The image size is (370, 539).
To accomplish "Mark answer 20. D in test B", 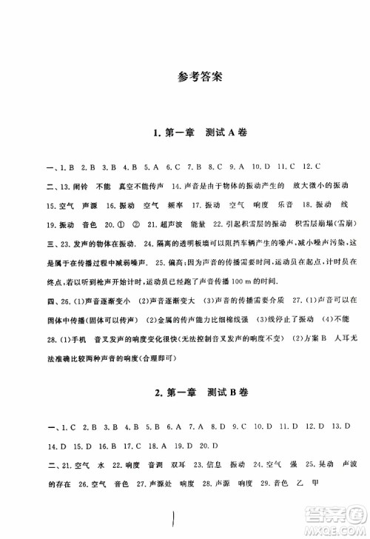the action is pos(209,444).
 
